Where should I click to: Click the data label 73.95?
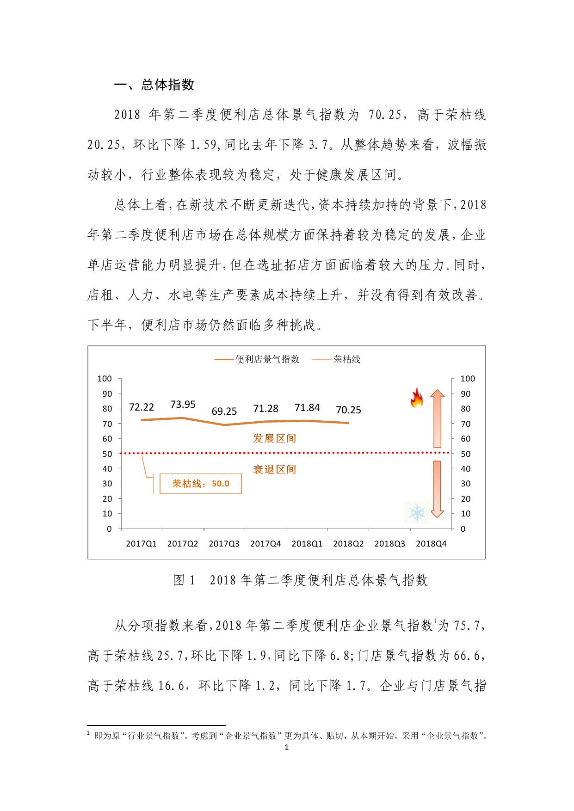click(183, 405)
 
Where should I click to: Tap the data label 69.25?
click(224, 412)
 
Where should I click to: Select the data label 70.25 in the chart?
click(348, 410)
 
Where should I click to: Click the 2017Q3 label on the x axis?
click(224, 544)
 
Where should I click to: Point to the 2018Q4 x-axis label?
click(431, 544)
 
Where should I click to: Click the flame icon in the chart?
click(417, 399)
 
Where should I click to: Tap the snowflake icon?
click(417, 513)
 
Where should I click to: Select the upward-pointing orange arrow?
click(437, 418)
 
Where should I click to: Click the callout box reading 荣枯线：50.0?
click(201, 484)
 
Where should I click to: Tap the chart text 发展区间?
click(274, 438)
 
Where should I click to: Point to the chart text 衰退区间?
click(274, 470)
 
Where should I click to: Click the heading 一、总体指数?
click(154, 85)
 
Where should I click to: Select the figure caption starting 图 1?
click(300, 580)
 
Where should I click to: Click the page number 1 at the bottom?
click(287, 748)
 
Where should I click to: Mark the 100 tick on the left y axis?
click(105, 379)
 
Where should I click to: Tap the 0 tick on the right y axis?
click(463, 529)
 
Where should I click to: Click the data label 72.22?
click(142, 407)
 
